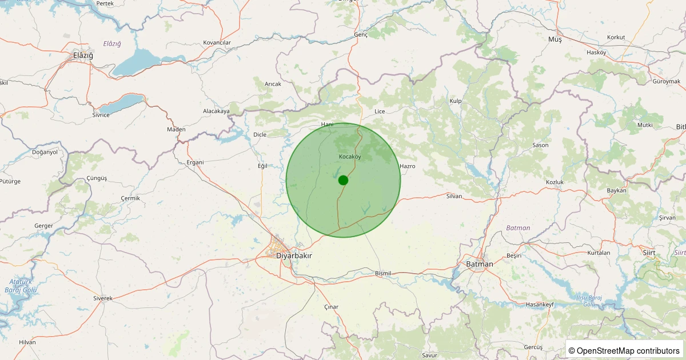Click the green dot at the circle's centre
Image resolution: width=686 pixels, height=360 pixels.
343,180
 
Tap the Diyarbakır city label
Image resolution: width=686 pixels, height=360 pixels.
294,255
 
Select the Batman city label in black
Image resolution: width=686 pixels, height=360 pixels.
479,263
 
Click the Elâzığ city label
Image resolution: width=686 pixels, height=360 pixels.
83,55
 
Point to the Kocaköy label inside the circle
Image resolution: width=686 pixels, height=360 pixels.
350,157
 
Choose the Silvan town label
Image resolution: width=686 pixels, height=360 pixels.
454,196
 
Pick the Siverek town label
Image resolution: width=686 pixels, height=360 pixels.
103,298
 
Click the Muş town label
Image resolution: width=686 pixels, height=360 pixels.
555,39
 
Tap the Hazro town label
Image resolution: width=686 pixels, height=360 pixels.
408,166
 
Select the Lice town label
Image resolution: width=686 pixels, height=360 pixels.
380,111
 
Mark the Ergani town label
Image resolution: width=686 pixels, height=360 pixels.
195,162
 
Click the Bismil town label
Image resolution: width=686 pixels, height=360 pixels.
383,273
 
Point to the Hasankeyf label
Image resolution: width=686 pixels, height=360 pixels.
540,305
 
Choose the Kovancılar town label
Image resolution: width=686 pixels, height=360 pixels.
217,43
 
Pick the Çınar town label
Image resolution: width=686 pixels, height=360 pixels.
331,307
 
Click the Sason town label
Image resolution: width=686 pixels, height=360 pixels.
540,145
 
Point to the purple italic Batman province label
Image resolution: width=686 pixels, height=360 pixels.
518,228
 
